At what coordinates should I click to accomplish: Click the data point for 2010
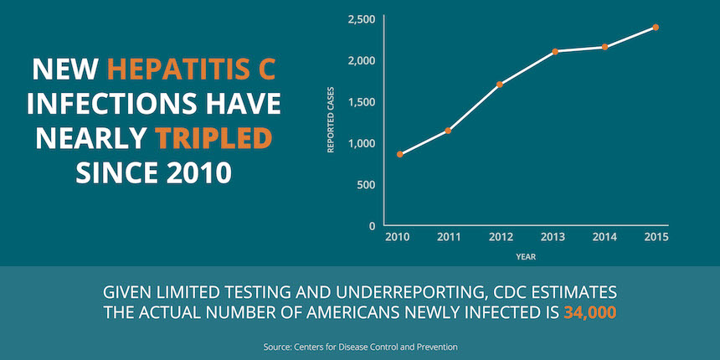(400, 154)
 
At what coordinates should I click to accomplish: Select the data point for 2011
(449, 131)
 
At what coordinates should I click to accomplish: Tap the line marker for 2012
(500, 85)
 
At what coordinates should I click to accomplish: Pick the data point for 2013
(555, 52)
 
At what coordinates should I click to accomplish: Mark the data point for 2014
(604, 47)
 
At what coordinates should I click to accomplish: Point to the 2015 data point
(656, 28)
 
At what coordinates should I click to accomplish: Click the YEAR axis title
(526, 256)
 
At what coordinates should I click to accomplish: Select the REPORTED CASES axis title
(331, 122)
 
